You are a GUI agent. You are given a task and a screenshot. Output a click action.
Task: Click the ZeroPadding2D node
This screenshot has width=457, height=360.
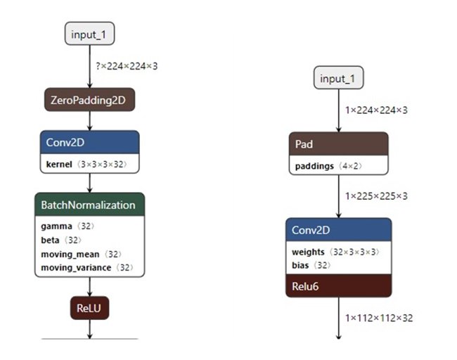pyautogui.click(x=89, y=101)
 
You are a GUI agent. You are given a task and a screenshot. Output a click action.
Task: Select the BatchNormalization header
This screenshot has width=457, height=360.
pyautogui.click(x=89, y=205)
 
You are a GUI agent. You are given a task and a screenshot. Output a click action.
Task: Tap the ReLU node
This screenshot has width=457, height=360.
pyautogui.click(x=89, y=308)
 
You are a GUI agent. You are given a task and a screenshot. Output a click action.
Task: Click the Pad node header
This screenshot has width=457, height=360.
pyautogui.click(x=338, y=144)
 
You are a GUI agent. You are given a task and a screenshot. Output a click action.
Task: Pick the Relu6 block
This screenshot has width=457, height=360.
pyautogui.click(x=338, y=286)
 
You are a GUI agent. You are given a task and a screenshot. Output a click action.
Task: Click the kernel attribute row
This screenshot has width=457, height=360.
pyautogui.click(x=89, y=164)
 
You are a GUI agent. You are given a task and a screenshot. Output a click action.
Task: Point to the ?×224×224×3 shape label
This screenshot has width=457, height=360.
pyautogui.click(x=127, y=66)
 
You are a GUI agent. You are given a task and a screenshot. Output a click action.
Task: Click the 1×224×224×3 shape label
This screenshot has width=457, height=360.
pyautogui.click(x=375, y=110)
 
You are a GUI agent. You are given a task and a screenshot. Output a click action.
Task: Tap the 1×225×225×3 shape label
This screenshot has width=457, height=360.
pyautogui.click(x=375, y=196)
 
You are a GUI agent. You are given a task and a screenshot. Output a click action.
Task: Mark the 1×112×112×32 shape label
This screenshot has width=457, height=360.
pyautogui.click(x=378, y=318)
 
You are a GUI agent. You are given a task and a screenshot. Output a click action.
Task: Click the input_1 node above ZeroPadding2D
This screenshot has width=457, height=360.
pyautogui.click(x=89, y=33)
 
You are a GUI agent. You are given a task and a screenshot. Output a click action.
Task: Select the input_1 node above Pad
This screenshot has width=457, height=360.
pyautogui.click(x=338, y=78)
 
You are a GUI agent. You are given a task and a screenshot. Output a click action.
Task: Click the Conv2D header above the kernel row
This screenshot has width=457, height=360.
pyautogui.click(x=89, y=143)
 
